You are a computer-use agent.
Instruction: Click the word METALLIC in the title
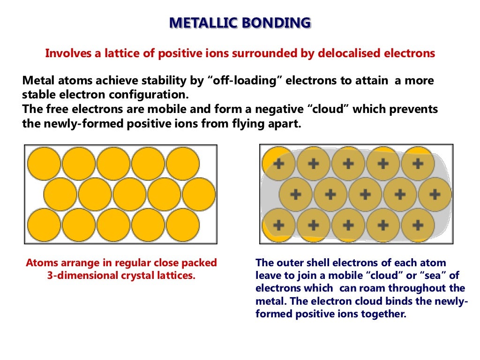(x=202, y=22)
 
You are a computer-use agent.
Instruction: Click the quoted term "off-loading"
(x=245, y=81)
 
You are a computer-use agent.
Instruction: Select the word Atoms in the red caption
(x=41, y=262)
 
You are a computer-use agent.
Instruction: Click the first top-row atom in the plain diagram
(x=44, y=164)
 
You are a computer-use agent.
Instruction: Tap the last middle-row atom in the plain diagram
(x=199, y=194)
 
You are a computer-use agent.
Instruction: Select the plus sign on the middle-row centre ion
(x=365, y=194)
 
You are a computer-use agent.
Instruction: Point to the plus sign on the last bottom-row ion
(x=417, y=225)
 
